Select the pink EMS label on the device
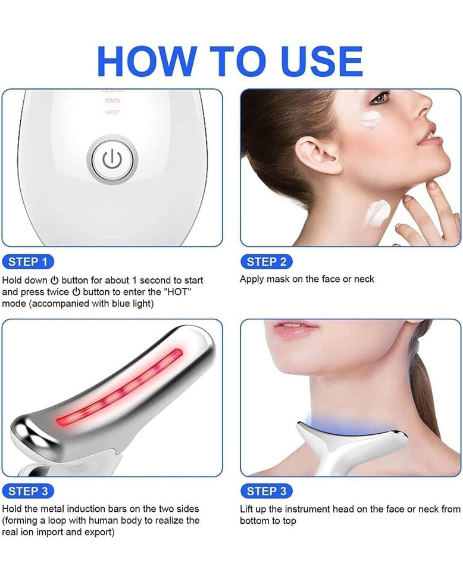click(112, 101)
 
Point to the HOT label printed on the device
click(112, 112)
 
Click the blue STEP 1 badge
click(28, 261)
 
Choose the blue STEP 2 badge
click(266, 261)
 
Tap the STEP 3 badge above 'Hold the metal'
click(28, 491)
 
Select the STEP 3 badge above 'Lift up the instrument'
click(266, 491)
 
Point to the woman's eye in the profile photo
click(379, 97)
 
